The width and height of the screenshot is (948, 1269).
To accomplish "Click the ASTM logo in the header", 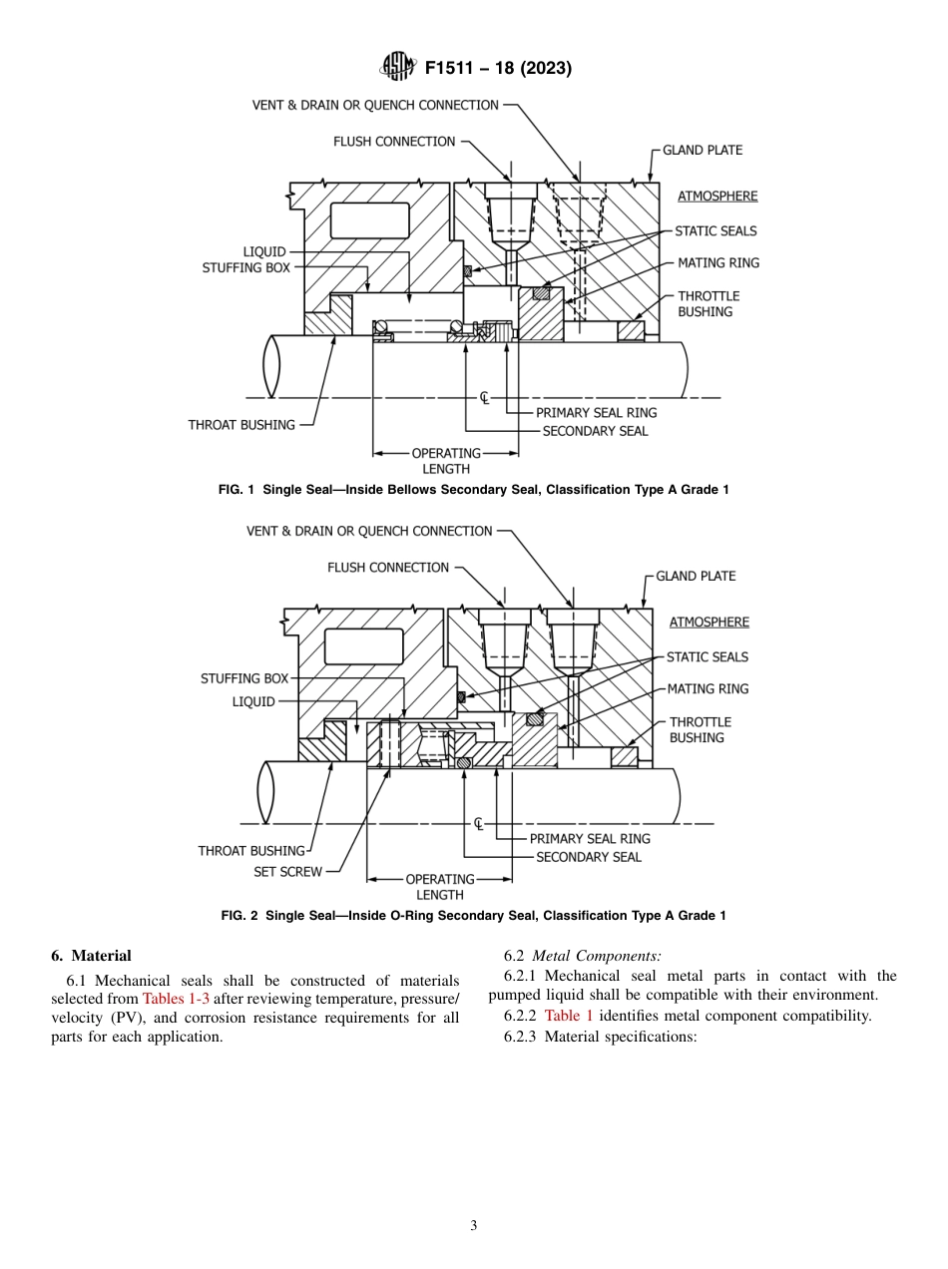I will [398, 68].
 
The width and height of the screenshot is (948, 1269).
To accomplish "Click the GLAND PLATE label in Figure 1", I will [703, 150].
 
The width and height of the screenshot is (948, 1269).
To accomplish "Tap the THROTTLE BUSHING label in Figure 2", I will [700, 729].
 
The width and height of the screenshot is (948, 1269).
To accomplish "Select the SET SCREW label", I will [287, 871].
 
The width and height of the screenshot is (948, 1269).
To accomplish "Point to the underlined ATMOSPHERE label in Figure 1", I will [716, 196].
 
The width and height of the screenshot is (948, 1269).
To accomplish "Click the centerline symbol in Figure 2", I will [479, 824].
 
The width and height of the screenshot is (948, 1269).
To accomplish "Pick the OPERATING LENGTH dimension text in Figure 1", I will [445, 460].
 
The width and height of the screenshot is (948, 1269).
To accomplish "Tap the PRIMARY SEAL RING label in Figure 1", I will [596, 412].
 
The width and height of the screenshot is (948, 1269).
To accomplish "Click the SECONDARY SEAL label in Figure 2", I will [588, 857].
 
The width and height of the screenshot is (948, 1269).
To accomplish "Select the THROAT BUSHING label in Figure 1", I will [241, 424].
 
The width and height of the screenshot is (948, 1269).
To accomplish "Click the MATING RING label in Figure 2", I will [708, 688].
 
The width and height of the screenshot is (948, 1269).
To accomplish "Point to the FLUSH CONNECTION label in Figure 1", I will [394, 142].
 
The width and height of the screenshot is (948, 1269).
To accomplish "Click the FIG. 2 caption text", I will [473, 915].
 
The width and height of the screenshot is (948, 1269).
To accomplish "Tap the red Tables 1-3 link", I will [176, 999].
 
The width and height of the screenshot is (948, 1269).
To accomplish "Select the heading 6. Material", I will [91, 956].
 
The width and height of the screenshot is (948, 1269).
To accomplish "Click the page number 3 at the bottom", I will [474, 1226].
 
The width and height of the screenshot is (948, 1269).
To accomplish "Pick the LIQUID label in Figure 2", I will [253, 701].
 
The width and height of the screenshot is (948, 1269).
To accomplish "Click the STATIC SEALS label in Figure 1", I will [715, 230].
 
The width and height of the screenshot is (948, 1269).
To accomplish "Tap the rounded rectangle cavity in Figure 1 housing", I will [368, 221].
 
